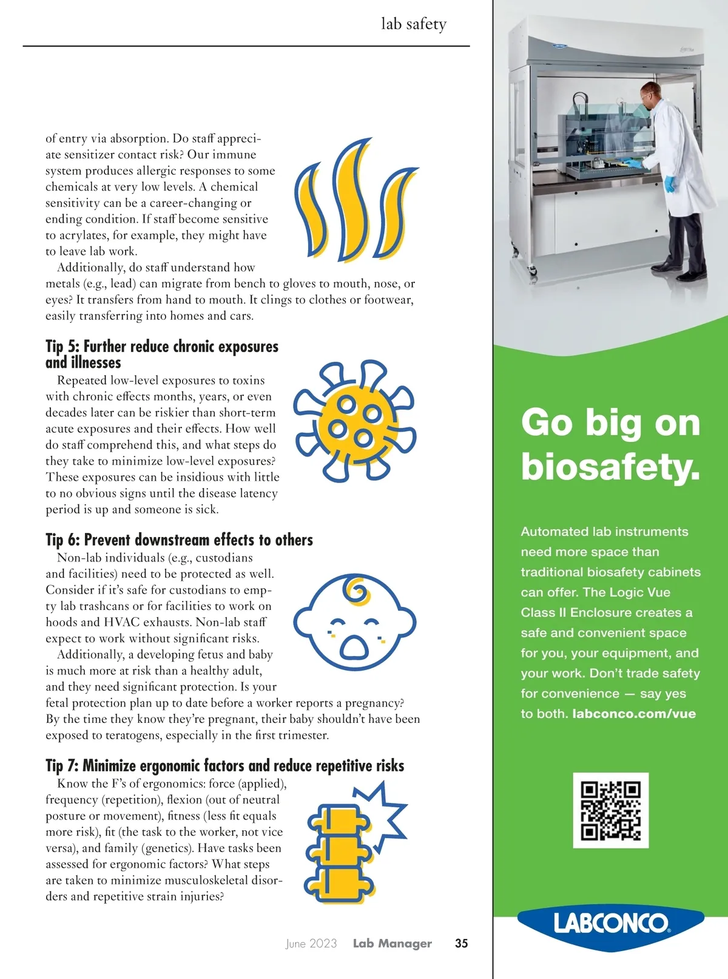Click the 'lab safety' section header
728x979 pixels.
(414, 24)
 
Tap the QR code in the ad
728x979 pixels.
(610, 810)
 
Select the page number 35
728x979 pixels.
(462, 943)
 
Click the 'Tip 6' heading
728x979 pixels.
(179, 540)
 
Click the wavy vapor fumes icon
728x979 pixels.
(355, 200)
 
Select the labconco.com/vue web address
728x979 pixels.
(634, 714)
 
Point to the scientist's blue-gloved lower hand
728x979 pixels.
(670, 183)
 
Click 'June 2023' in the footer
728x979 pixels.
(311, 943)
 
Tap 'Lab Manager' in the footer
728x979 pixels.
(393, 943)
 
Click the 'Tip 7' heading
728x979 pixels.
(224, 765)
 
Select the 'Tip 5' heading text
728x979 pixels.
(162, 354)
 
